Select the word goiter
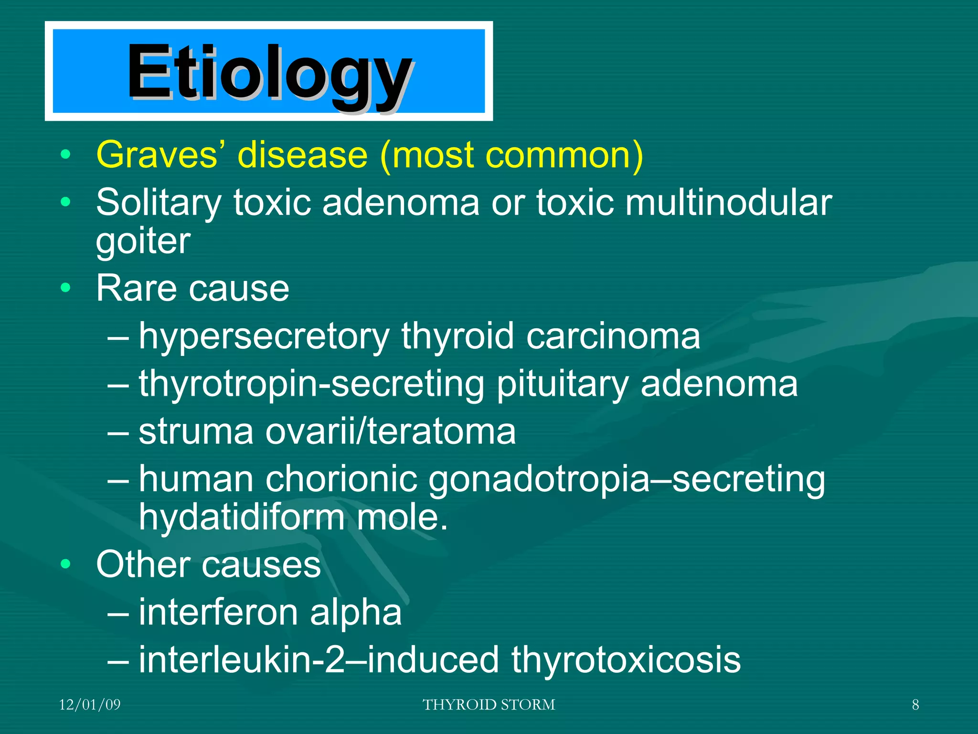(143, 241)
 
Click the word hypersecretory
(264, 337)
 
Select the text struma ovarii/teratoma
(327, 432)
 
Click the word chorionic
(341, 479)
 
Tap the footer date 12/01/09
(90, 705)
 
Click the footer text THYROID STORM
(489, 705)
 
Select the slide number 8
(915, 705)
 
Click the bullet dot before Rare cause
(66, 288)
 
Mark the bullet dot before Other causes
(66, 564)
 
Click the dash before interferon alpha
(118, 613)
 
